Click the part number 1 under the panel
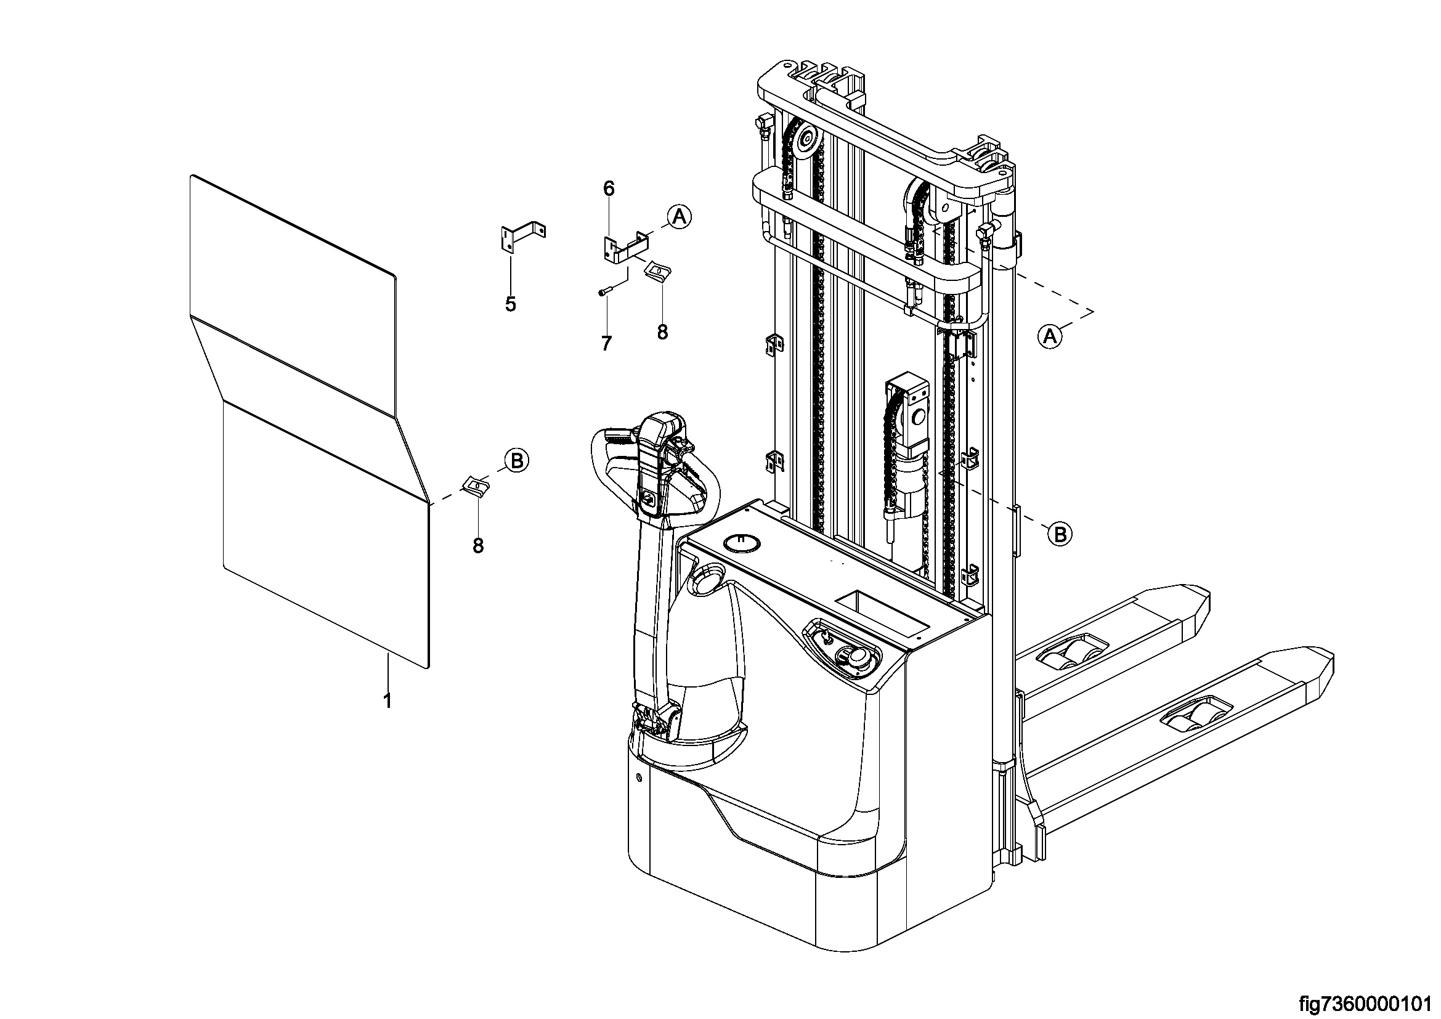point(388,700)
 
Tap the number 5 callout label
point(510,304)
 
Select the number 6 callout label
point(609,189)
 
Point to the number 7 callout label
point(606,343)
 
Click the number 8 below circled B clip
point(478,546)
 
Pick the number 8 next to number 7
point(662,332)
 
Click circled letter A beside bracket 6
point(678,216)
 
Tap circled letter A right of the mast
point(1050,336)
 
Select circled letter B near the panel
point(516,461)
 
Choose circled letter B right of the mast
point(1060,535)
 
